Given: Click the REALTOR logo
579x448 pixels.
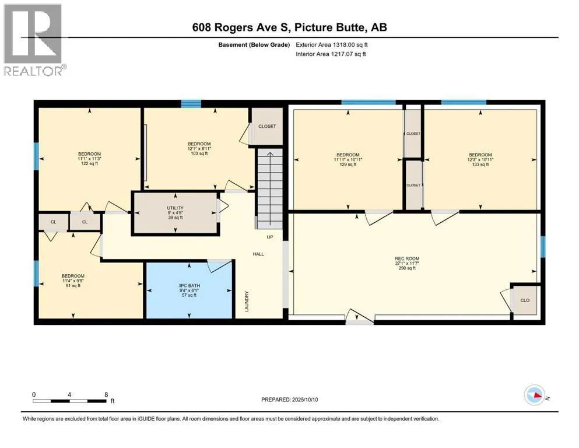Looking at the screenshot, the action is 34,40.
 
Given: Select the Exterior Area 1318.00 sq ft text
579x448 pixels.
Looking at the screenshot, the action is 332,45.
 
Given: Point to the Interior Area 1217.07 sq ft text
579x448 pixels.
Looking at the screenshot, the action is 331,54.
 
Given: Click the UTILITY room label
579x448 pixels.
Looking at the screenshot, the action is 175,208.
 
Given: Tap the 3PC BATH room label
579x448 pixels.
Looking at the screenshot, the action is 189,285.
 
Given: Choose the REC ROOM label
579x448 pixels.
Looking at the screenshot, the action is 407,258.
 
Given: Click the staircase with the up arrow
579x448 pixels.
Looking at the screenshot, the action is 269,188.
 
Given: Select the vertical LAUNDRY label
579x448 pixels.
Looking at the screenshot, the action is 247,301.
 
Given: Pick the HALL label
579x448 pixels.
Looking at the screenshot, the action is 258,254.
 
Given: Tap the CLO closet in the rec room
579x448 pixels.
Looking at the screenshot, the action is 525,300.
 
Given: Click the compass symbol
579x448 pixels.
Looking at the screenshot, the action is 535,395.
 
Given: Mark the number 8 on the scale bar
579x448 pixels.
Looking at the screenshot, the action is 106,394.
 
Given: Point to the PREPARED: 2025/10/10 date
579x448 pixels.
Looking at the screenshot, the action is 289,400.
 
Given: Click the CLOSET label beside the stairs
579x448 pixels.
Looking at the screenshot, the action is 267,127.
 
